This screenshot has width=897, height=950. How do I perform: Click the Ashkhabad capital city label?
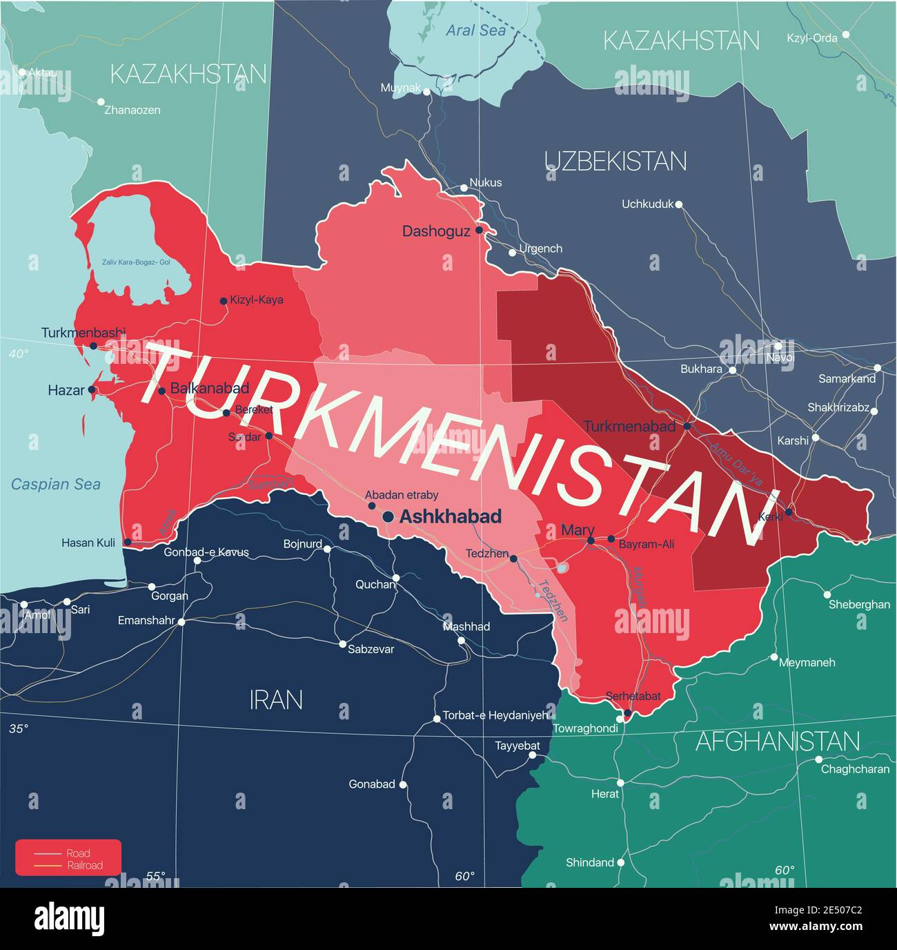click(451, 516)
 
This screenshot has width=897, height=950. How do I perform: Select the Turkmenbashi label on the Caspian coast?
click(83, 332)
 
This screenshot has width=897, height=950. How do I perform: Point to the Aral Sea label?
click(475, 30)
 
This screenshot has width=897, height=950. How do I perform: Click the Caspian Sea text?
click(55, 484)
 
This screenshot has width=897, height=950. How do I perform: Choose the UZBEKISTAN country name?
click(615, 161)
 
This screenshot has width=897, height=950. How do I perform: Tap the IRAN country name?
click(276, 700)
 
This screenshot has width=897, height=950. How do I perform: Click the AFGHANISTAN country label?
click(778, 741)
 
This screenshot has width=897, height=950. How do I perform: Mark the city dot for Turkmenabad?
click(687, 426)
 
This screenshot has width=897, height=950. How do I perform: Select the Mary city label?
click(578, 530)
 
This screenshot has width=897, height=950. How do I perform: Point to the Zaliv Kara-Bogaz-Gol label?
click(136, 262)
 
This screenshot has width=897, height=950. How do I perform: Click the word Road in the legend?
click(78, 853)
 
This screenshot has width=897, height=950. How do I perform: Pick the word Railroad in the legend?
click(84, 866)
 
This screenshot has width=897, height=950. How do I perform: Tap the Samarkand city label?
click(847, 378)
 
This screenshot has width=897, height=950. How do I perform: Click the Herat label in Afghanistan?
click(604, 794)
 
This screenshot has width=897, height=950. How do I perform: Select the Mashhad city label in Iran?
click(467, 627)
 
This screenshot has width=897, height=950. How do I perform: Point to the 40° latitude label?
click(19, 354)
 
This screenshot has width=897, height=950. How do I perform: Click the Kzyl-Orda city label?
click(812, 38)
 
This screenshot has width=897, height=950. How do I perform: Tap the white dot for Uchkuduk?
click(679, 204)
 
